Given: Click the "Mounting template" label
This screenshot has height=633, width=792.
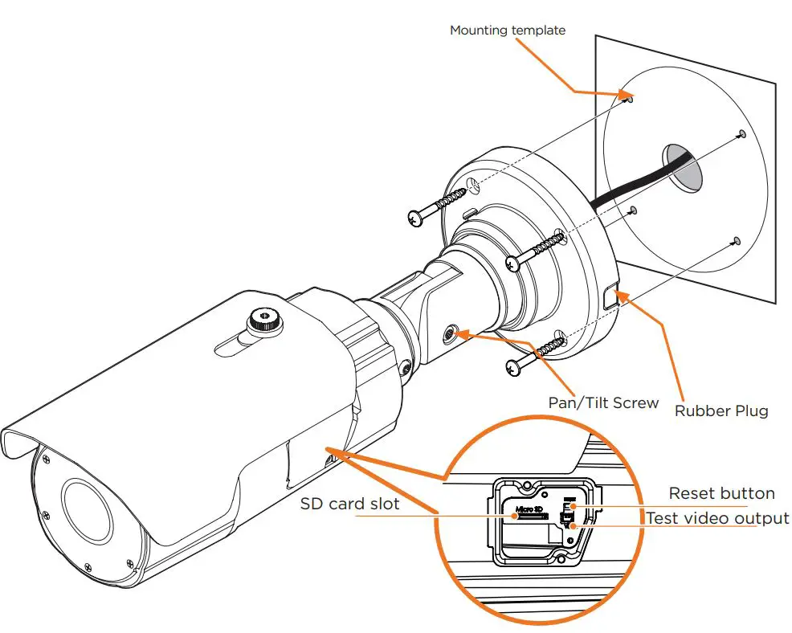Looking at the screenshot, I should tap(507, 31).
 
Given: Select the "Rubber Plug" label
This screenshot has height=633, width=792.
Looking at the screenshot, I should tap(721, 411).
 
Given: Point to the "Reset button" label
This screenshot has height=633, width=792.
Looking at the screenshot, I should tap(721, 493).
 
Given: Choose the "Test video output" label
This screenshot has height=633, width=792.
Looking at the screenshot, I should tap(717, 518).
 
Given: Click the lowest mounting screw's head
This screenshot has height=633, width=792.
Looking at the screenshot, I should tap(513, 366).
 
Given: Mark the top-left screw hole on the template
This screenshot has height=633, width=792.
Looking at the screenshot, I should tap(631, 100).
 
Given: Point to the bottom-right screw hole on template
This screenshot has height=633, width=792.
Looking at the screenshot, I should tap(735, 239).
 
